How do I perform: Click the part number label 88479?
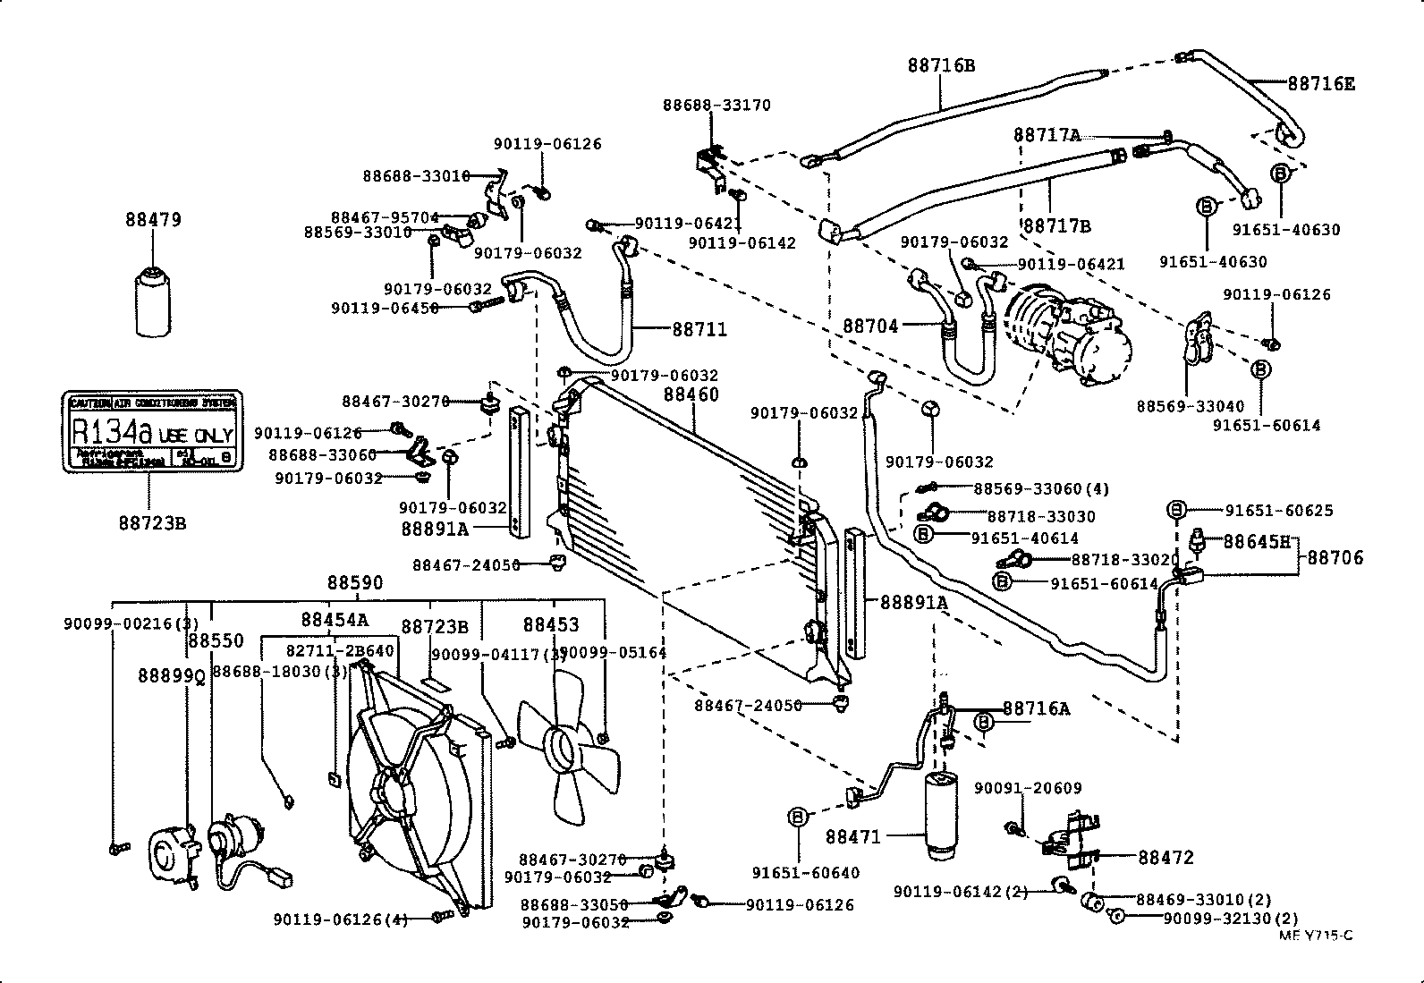(153, 219)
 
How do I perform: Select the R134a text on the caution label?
(111, 432)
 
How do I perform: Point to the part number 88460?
(691, 394)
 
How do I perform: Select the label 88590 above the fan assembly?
(354, 582)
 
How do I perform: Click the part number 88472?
(1165, 857)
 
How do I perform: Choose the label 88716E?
(1321, 84)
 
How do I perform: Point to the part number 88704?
(869, 327)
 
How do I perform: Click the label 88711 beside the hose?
(699, 329)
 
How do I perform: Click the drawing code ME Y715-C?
(1315, 936)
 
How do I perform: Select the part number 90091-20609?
(1027, 788)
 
